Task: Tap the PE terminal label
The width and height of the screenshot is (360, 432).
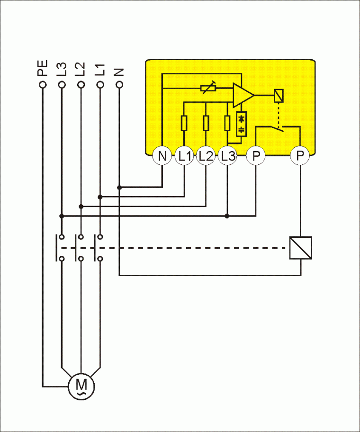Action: coord(43,70)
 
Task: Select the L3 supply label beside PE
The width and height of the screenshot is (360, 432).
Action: coord(62,70)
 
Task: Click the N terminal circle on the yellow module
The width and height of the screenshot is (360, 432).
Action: coord(162,156)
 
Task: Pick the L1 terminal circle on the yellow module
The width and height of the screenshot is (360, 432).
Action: coord(184,156)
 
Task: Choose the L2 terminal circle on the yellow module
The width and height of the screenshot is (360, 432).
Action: coord(206,156)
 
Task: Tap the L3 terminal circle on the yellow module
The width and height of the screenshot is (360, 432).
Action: coord(227,156)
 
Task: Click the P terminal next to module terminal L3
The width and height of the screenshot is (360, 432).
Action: coord(256,156)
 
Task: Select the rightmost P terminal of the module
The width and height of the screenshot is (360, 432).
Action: coord(300,156)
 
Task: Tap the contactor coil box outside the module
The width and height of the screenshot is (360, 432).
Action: coord(301,248)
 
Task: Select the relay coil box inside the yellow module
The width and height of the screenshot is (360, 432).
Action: coord(279,96)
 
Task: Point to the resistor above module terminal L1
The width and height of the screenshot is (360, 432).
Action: coord(184,123)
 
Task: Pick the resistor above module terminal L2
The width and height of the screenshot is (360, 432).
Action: coord(206,123)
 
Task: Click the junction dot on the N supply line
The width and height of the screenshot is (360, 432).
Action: coord(119,188)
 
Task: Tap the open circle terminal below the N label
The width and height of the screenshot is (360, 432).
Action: coord(119,85)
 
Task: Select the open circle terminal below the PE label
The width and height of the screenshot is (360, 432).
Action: coord(43,85)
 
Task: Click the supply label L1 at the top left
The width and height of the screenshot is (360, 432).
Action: coord(99,70)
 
